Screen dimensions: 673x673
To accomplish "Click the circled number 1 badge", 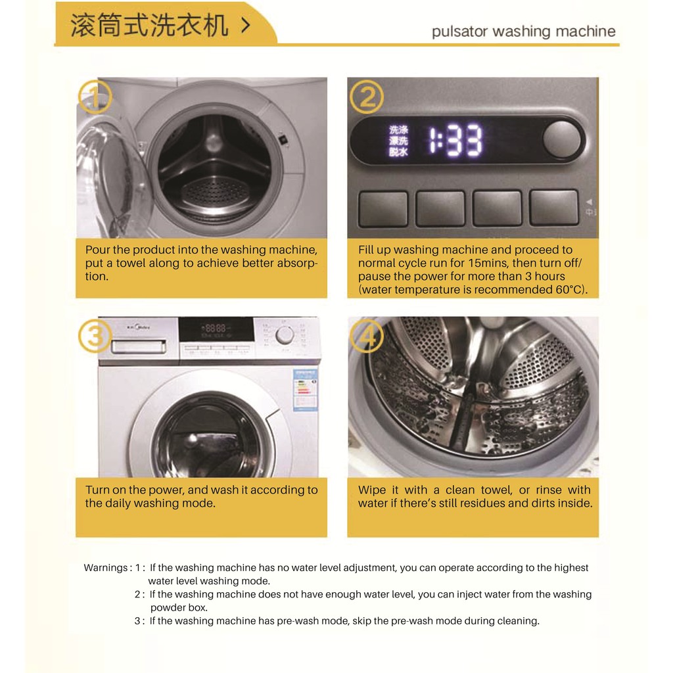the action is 95,97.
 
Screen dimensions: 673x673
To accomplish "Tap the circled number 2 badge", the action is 367,97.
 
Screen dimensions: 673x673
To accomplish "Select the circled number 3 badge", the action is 95,336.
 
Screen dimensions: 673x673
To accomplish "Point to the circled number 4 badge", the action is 367,336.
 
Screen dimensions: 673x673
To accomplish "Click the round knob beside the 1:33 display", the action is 561,139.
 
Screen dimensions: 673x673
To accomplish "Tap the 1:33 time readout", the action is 455,140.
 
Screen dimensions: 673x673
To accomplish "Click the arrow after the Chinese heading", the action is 246,26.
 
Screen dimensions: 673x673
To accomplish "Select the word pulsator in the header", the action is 459,32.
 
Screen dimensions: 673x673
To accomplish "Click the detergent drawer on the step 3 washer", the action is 139,346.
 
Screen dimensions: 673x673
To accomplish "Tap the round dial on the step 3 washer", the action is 285,335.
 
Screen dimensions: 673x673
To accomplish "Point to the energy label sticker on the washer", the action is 305,390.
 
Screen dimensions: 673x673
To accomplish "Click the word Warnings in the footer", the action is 106,567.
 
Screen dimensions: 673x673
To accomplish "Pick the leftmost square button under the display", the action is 383,208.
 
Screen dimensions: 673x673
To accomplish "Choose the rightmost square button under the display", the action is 554,208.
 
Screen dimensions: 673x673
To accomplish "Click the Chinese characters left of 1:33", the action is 398,141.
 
